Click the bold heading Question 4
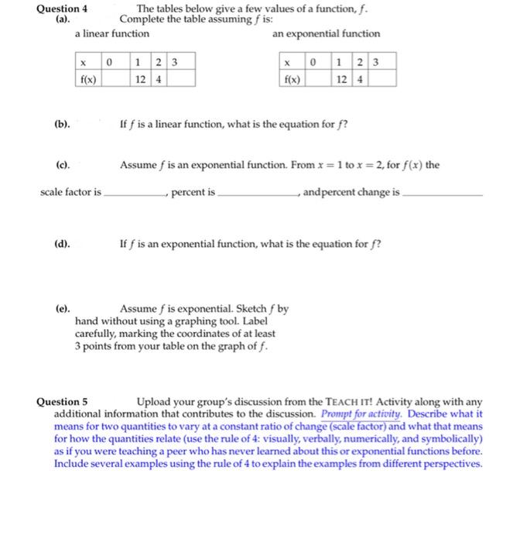tap(63, 9)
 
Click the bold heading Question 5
tap(63, 402)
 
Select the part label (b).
tap(63, 123)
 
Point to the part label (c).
tap(63, 165)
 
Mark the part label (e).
tap(63, 308)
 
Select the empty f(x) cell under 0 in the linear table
tap(115, 78)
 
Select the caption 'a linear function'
tap(112, 34)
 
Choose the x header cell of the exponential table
tap(287, 61)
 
